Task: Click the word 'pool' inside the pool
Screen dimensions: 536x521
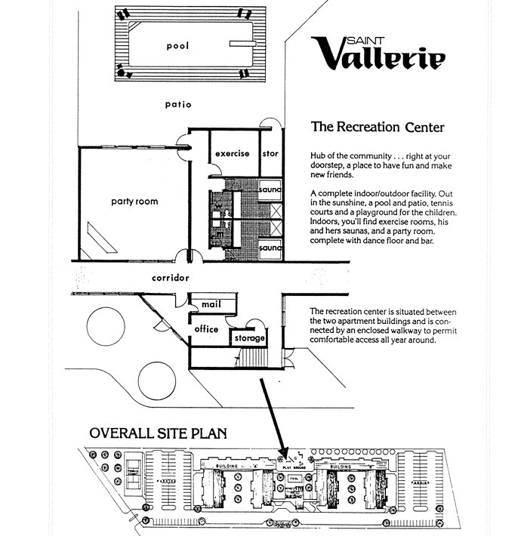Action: (x=177, y=46)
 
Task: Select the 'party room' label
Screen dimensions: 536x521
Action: (x=134, y=202)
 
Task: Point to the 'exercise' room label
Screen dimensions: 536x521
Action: (x=232, y=154)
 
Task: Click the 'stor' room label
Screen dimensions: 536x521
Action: (x=270, y=154)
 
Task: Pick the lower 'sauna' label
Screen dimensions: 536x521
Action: (x=270, y=248)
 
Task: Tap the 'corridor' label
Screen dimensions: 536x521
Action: (x=169, y=278)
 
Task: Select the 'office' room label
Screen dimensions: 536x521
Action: (x=206, y=329)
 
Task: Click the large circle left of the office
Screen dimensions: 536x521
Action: (x=110, y=329)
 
